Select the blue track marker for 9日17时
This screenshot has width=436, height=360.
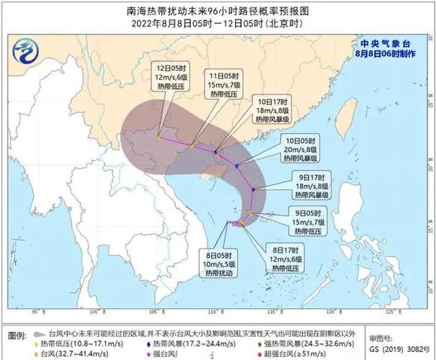coord(253,189)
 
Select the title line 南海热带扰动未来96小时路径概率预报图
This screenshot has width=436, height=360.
coord(218,12)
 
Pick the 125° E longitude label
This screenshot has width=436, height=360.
coord(389,313)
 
